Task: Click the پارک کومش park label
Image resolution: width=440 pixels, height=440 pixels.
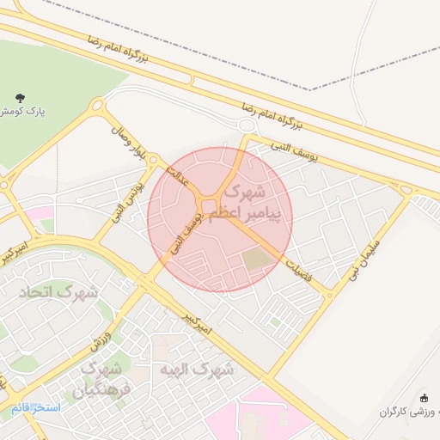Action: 22,112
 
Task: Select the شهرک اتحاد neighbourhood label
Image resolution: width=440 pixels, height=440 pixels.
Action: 64,292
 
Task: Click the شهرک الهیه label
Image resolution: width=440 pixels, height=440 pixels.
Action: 197,370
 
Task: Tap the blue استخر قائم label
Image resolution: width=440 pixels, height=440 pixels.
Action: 36,406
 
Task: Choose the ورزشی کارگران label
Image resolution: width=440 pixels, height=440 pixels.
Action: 411,412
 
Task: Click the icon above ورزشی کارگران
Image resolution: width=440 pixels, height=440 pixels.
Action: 424,398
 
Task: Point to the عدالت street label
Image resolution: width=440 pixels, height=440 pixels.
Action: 176,174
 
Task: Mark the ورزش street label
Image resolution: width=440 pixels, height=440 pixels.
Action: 101,340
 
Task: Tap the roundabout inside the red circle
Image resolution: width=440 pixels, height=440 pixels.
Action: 209,205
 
